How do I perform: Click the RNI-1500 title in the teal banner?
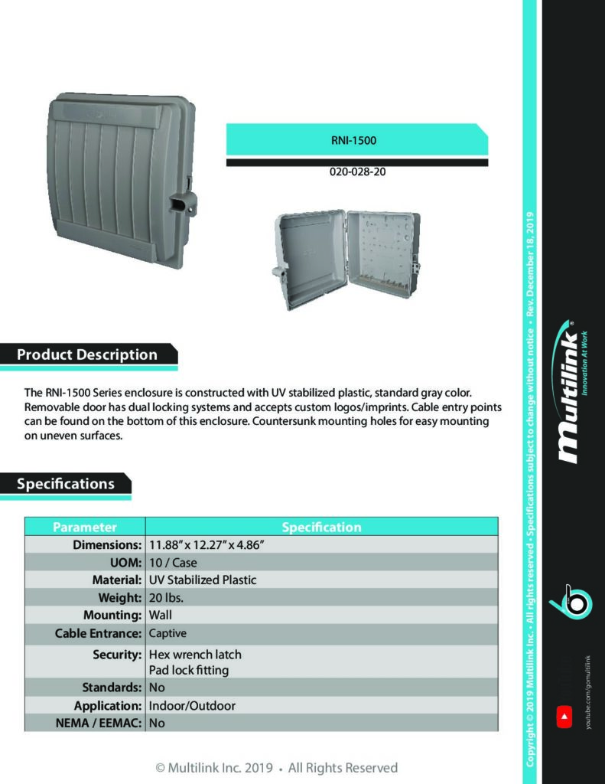click(357, 141)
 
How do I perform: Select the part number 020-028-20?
click(357, 172)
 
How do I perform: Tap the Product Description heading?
click(87, 354)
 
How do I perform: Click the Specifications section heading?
click(66, 484)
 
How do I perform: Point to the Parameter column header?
click(85, 527)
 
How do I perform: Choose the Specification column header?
click(321, 527)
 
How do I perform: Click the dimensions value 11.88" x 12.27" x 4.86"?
click(207, 545)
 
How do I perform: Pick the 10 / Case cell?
click(173, 563)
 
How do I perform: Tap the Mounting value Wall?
click(161, 615)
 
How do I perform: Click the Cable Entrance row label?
click(99, 633)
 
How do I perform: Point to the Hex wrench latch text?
click(195, 655)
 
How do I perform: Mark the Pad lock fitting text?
click(189, 670)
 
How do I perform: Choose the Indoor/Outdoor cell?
click(192, 705)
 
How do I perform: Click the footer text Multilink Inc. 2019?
click(218, 767)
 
